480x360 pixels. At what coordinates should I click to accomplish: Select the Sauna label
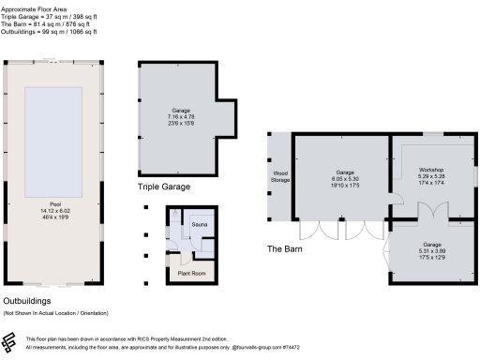click(200, 226)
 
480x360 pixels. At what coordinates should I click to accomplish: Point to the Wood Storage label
click(280, 175)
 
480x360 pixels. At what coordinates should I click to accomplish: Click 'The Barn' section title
click(287, 248)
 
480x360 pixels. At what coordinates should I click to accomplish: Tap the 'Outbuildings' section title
click(31, 300)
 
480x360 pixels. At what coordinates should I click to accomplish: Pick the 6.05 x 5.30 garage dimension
click(346, 179)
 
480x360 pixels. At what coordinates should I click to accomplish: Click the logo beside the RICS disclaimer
click(12, 343)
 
